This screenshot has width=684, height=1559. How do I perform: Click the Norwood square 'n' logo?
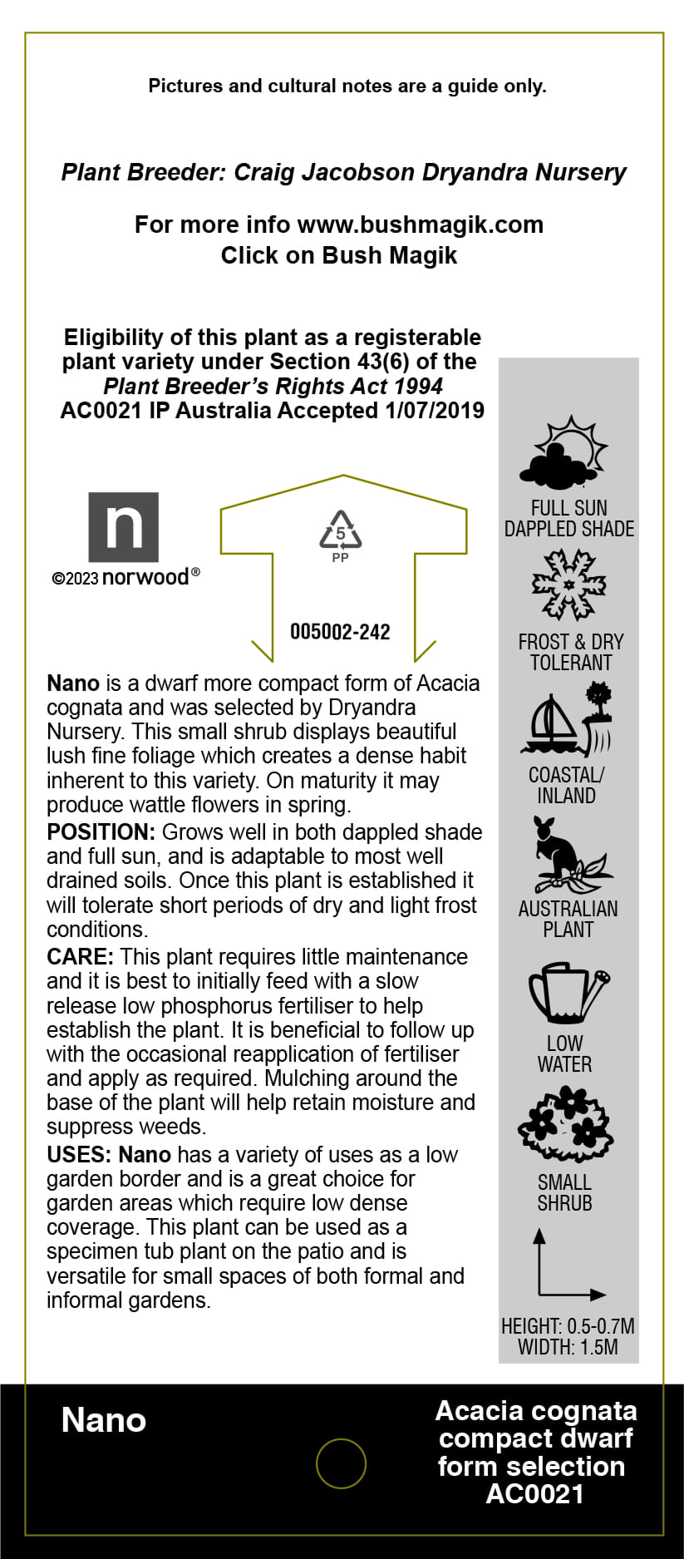[123, 527]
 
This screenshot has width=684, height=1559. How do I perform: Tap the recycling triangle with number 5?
[341, 531]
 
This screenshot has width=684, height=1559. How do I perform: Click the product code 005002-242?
[340, 632]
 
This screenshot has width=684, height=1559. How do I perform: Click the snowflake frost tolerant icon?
[568, 585]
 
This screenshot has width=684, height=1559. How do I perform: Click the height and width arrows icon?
[568, 1265]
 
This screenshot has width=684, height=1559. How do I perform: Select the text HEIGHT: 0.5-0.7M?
[568, 1326]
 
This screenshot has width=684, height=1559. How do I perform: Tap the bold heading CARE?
[80, 957]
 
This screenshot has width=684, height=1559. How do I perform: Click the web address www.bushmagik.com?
[420, 224]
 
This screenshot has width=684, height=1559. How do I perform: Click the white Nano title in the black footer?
[104, 1421]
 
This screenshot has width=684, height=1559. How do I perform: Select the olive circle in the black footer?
[341, 1463]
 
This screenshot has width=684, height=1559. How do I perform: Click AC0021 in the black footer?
[535, 1494]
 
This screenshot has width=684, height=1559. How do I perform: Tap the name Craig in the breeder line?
[264, 172]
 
